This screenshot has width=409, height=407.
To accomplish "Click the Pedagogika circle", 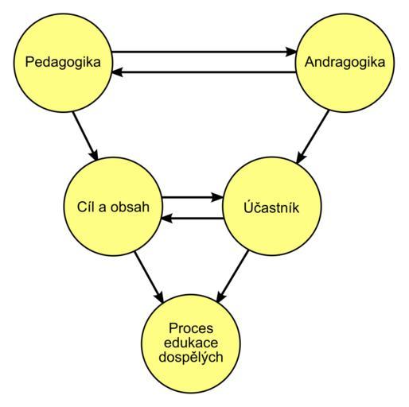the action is (63, 63).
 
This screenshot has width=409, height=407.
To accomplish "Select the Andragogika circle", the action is (345, 63).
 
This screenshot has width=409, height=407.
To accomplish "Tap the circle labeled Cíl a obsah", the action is (113, 207).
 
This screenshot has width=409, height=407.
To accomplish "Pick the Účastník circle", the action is (272, 207).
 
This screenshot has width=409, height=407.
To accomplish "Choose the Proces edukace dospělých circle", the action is (191, 343).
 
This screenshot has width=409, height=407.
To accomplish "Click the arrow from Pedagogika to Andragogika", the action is (204, 52).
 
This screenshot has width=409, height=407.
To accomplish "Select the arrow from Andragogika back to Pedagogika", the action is (204, 72).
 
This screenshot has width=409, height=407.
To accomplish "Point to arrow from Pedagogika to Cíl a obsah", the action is (85, 136).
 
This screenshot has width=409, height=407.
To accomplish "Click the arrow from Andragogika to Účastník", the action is (313, 137).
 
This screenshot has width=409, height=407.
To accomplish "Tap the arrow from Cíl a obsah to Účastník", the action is (193, 197).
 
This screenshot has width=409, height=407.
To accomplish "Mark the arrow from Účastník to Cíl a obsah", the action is (193, 219).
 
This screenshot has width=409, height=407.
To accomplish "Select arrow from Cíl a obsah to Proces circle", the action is (149, 277).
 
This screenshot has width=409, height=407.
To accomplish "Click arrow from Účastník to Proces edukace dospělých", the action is (232, 276).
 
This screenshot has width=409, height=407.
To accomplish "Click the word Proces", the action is (191, 328).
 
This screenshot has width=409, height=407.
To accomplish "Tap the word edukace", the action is (191, 343).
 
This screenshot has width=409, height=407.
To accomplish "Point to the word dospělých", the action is (191, 357).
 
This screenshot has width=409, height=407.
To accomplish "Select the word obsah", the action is (130, 207).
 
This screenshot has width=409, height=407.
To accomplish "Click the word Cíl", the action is (84, 207).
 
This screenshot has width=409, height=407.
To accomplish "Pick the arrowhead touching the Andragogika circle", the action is (291, 52).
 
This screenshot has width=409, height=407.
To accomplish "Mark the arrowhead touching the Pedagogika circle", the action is (117, 72).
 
